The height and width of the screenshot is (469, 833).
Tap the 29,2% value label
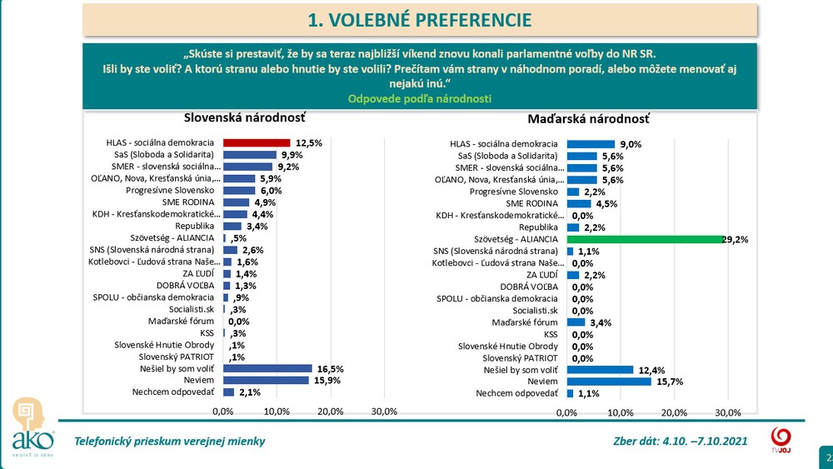(x=736, y=239)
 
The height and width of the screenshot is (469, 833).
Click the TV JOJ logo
(x=781, y=441)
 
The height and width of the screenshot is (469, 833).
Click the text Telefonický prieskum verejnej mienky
(x=170, y=441)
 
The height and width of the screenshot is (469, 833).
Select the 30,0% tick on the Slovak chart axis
(x=384, y=412)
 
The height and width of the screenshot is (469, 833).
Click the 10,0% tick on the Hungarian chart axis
(x=620, y=412)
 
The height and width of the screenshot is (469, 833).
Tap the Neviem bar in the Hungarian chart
(x=608, y=381)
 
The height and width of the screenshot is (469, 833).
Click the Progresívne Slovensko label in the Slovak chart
(x=173, y=191)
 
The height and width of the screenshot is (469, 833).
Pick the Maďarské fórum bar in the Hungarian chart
(x=576, y=322)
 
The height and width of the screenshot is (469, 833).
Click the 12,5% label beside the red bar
(x=308, y=143)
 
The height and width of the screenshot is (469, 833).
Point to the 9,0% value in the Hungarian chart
(x=630, y=144)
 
